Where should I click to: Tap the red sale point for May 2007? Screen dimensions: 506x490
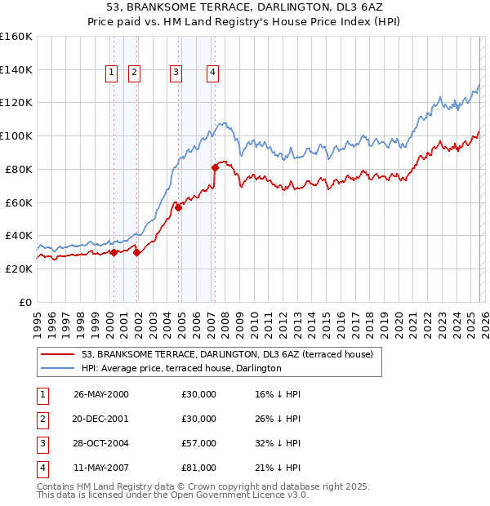pos(215,167)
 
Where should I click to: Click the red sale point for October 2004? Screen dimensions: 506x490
pos(178,207)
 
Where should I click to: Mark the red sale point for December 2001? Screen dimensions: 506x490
pos(136,252)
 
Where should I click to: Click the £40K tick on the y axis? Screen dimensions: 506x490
pos(18,235)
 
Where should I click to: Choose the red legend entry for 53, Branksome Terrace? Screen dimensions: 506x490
pos(227,354)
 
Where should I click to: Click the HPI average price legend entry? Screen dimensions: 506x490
pos(181,368)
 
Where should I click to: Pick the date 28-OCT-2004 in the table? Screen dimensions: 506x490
pos(100,443)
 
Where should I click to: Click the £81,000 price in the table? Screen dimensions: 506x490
pos(199,468)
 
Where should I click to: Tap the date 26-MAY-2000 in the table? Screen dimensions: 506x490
pos(100,394)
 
